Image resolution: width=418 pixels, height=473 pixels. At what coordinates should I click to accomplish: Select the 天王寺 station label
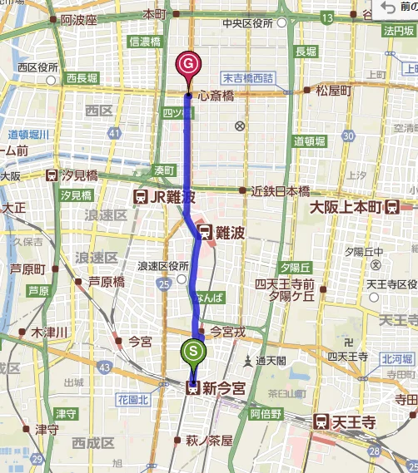coord(351,421)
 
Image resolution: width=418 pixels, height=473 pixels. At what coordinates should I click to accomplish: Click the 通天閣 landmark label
coord(271,362)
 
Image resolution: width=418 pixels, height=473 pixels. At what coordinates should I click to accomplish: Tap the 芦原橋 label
coord(106,282)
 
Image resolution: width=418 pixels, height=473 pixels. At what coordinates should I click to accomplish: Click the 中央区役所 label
coord(255,23)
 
